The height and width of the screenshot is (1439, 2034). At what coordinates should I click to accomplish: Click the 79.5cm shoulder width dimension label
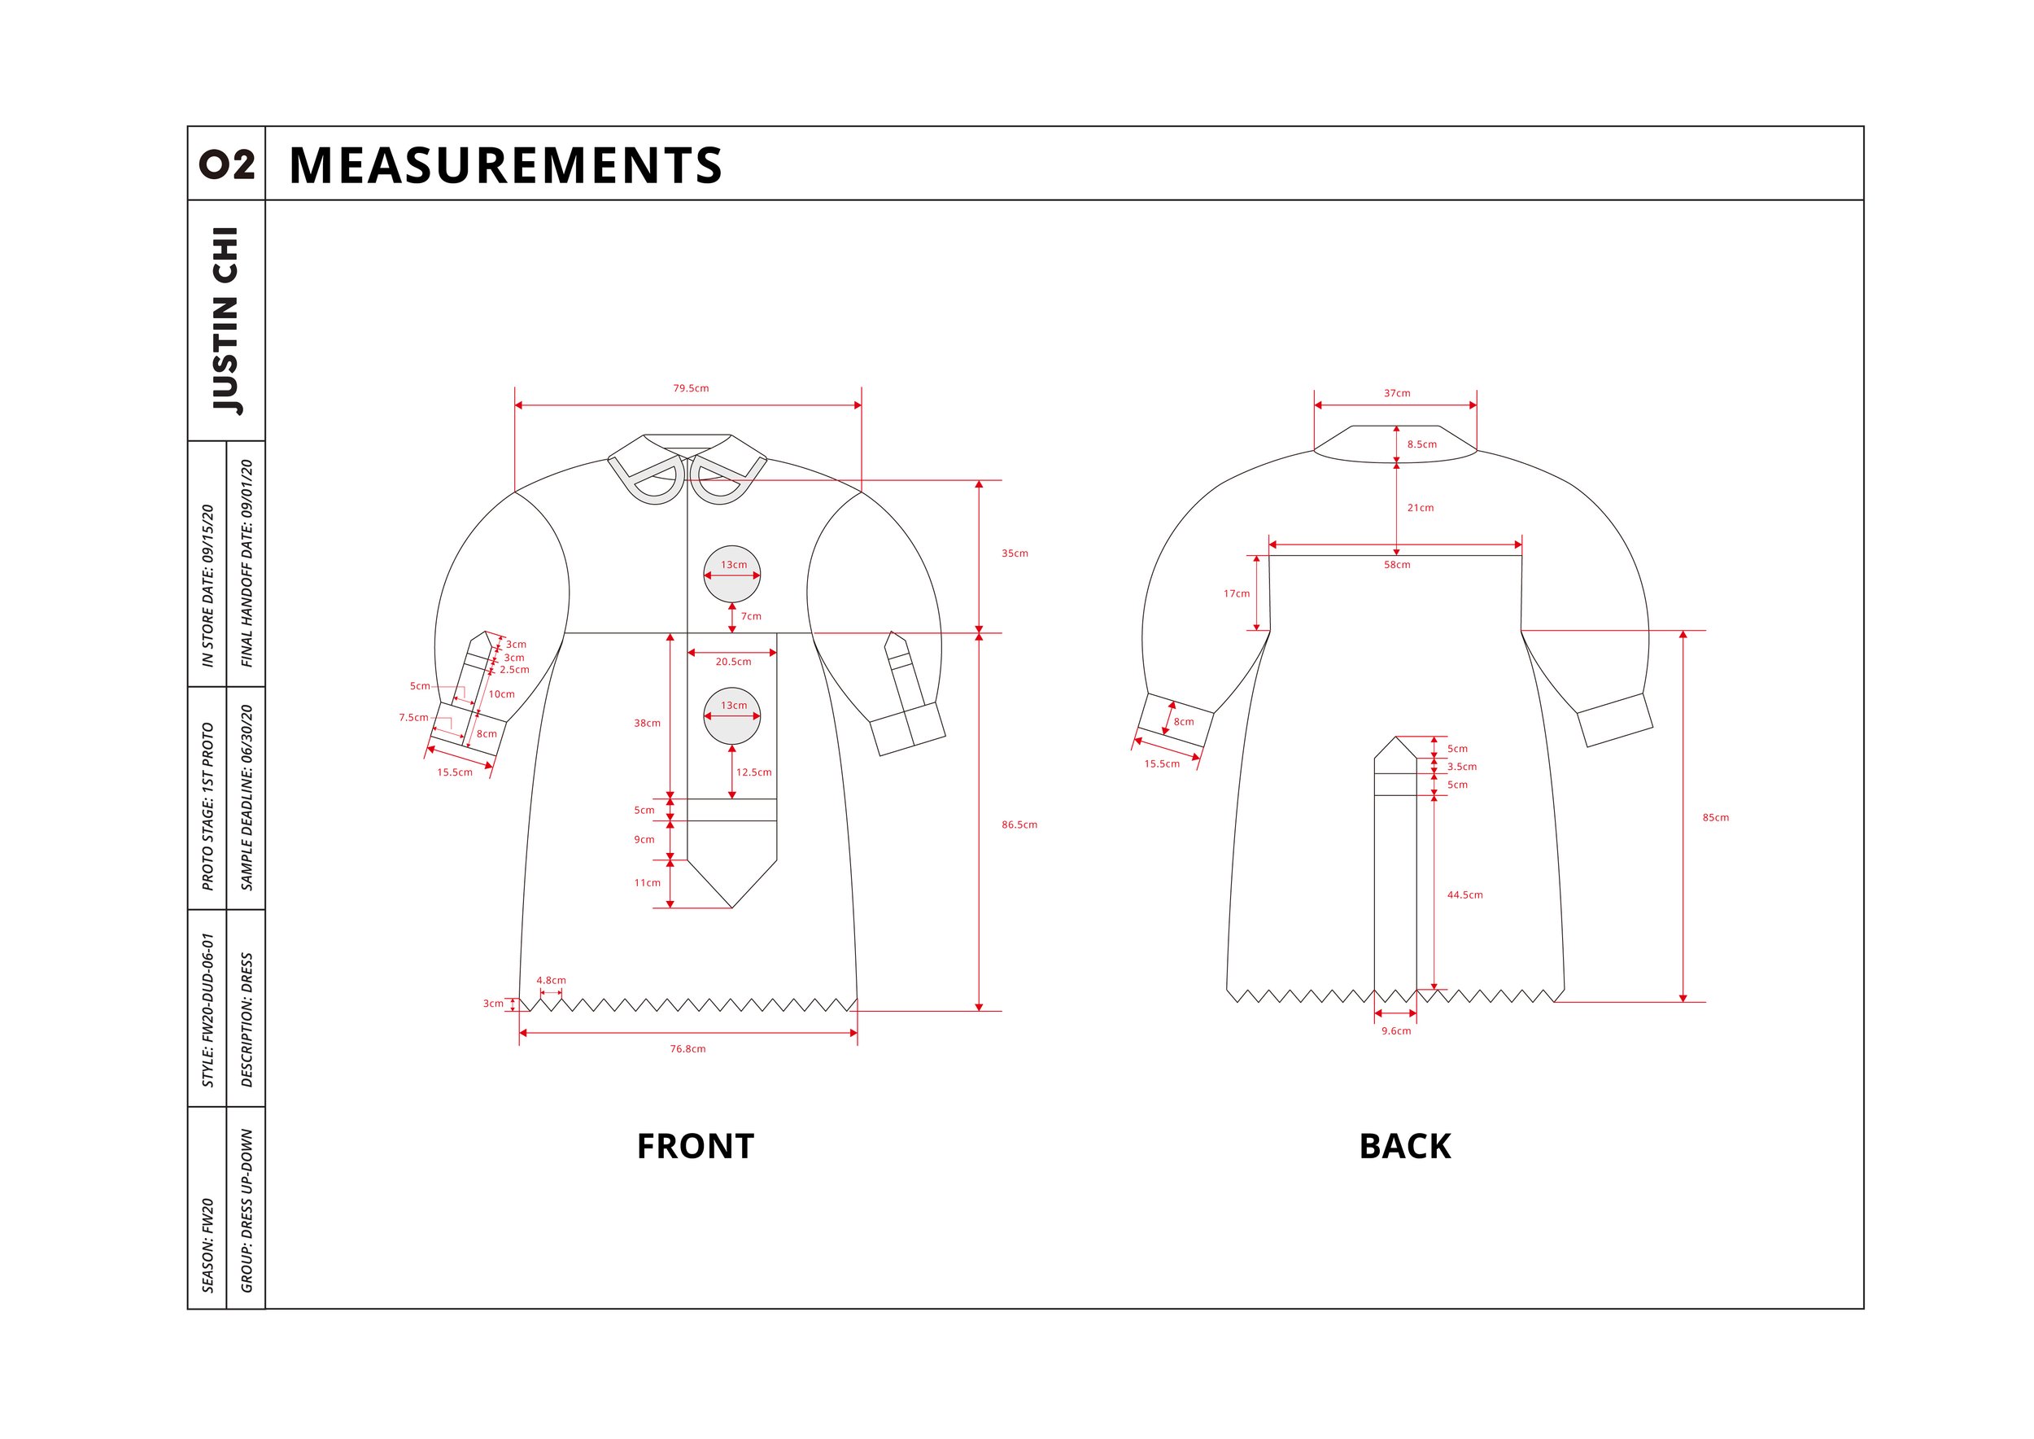click(690, 388)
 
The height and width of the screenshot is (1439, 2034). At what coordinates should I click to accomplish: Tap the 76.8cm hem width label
click(687, 1049)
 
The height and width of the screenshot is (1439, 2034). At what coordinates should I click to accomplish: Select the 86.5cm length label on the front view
click(1019, 825)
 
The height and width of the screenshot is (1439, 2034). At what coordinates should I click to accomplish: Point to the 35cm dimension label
click(1015, 553)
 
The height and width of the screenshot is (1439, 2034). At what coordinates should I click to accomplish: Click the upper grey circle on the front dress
click(731, 574)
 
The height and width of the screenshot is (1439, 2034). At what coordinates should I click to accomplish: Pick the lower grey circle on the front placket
click(731, 716)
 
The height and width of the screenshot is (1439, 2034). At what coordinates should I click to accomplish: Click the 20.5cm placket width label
click(732, 662)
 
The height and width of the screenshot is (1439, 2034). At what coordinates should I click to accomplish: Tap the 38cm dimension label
click(647, 723)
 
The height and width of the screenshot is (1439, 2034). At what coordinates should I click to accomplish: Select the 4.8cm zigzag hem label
click(550, 981)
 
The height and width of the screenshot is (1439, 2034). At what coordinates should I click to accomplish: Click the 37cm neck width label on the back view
click(1396, 393)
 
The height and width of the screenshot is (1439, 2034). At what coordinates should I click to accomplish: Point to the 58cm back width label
click(1396, 566)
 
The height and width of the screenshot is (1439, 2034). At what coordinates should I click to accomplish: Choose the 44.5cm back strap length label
click(1464, 895)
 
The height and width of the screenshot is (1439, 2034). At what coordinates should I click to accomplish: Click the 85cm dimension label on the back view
click(1715, 818)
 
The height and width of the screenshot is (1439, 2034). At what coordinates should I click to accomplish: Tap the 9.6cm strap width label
click(1395, 1031)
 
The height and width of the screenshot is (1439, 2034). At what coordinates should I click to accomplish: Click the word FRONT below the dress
click(695, 1147)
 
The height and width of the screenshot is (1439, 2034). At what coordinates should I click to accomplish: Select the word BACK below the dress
click(1404, 1147)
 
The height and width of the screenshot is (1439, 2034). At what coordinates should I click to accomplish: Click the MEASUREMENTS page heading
click(505, 166)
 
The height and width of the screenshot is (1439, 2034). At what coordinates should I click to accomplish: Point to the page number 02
click(227, 164)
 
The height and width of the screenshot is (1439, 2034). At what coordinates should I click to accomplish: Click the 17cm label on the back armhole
click(1236, 593)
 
